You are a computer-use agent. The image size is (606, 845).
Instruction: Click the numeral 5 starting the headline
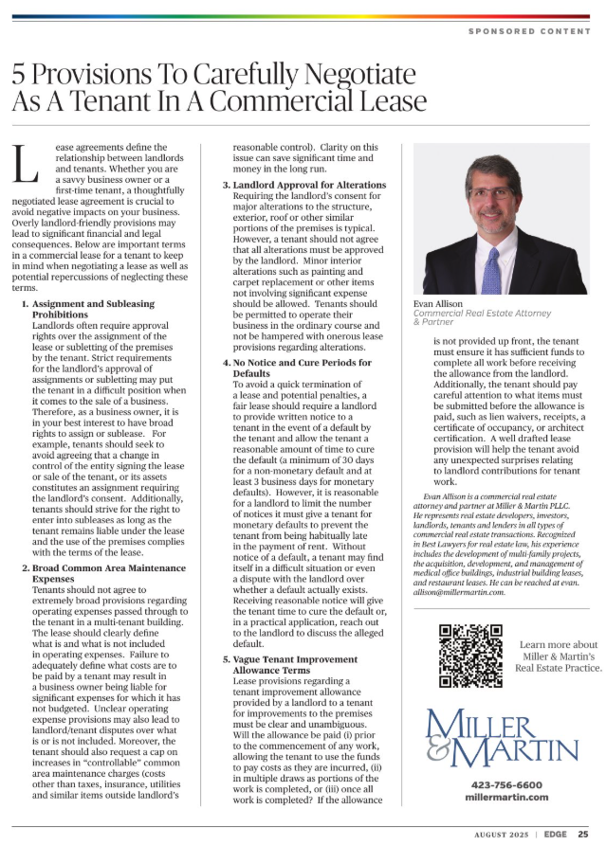tap(21, 75)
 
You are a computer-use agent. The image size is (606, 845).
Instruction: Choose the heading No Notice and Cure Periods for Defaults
tap(297, 368)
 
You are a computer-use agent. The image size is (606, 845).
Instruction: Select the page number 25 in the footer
tap(583, 834)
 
